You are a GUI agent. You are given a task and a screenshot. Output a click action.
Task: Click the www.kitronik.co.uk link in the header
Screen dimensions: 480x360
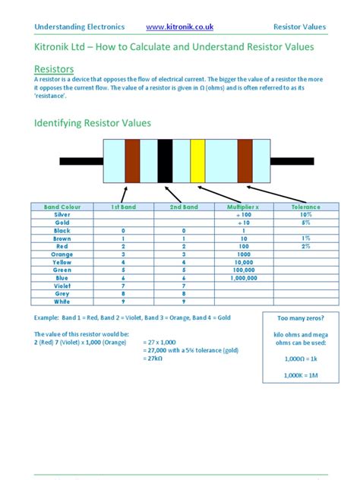click(179, 27)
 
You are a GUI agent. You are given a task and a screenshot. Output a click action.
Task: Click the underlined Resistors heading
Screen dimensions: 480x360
click(54, 70)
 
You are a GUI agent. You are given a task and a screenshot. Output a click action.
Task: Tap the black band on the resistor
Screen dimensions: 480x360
click(165, 161)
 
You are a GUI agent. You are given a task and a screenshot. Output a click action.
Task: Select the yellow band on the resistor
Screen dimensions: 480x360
click(197, 161)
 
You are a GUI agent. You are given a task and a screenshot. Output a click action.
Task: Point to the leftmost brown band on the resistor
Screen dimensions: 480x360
click(132, 161)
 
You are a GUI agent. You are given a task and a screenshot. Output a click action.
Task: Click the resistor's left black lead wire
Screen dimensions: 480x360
click(79, 161)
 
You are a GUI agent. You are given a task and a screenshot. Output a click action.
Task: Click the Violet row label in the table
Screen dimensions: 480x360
click(62, 286)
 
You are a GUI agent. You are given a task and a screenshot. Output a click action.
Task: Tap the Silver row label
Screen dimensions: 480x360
click(62, 215)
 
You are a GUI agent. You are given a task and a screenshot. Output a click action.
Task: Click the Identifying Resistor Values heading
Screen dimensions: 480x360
click(93, 122)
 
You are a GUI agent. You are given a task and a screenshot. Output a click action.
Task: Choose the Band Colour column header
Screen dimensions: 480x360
click(62, 207)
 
